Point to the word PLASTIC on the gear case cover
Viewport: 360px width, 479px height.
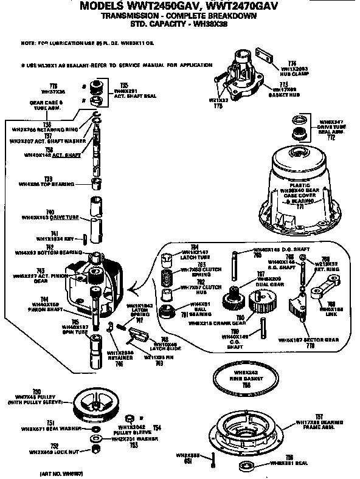point(300,184)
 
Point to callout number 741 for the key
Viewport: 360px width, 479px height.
point(54,233)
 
